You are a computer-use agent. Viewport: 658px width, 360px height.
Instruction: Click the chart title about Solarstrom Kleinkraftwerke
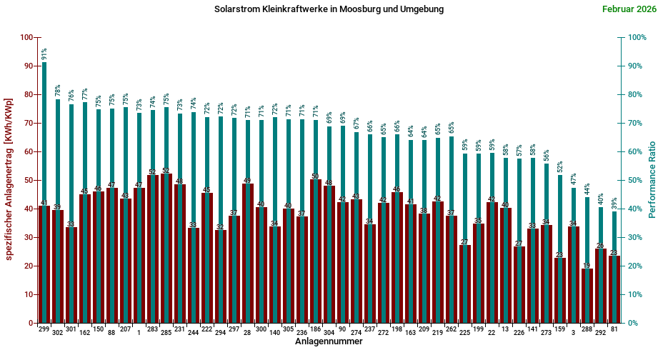click(x=329, y=9)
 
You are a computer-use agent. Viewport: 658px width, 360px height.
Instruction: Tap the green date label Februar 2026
click(x=627, y=9)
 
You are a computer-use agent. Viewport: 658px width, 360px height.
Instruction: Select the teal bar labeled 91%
click(x=44, y=193)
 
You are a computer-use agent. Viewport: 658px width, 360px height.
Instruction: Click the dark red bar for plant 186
click(x=315, y=251)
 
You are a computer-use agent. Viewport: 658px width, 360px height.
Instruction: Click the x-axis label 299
click(x=44, y=329)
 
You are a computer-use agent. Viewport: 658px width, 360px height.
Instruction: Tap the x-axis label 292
click(x=600, y=332)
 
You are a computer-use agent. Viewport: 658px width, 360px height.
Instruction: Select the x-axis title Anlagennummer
click(x=329, y=342)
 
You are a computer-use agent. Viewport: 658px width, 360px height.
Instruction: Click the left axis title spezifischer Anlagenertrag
click(x=9, y=179)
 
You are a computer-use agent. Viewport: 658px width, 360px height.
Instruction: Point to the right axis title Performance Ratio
click(x=652, y=179)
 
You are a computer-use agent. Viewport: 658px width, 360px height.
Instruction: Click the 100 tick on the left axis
click(x=26, y=37)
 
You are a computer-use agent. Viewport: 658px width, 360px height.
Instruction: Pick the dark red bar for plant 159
click(x=559, y=290)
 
